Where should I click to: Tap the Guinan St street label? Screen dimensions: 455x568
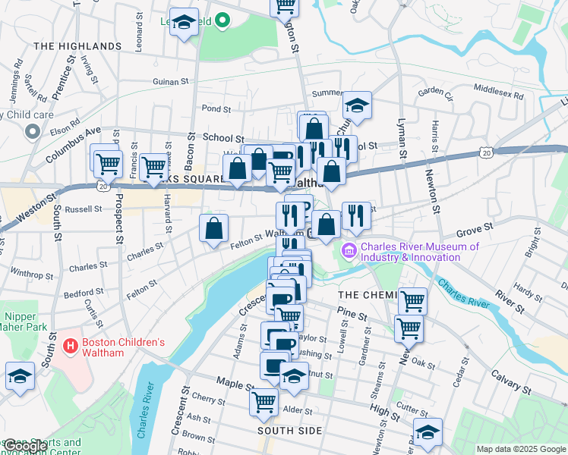pyautogui.click(x=170, y=82)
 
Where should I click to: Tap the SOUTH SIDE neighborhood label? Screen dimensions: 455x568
pyautogui.click(x=289, y=431)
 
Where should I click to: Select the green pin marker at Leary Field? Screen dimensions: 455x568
pyautogui.click(x=222, y=21)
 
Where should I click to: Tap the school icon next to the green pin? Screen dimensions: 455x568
pyautogui.click(x=184, y=23)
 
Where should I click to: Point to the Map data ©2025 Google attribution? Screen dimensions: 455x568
pyautogui.click(x=520, y=449)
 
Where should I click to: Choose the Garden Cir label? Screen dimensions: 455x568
pyautogui.click(x=435, y=92)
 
